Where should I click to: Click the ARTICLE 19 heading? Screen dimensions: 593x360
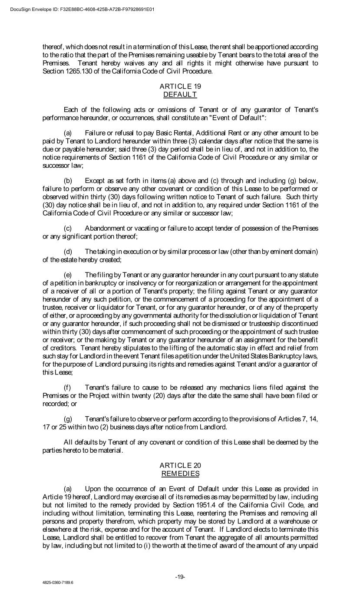tap(180, 86)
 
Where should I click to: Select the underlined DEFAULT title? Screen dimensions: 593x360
tap(180, 94)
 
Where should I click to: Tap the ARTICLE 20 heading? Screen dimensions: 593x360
tap(180, 465)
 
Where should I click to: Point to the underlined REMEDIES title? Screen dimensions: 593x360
tap(180, 473)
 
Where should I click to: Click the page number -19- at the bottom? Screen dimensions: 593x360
tap(180, 576)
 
